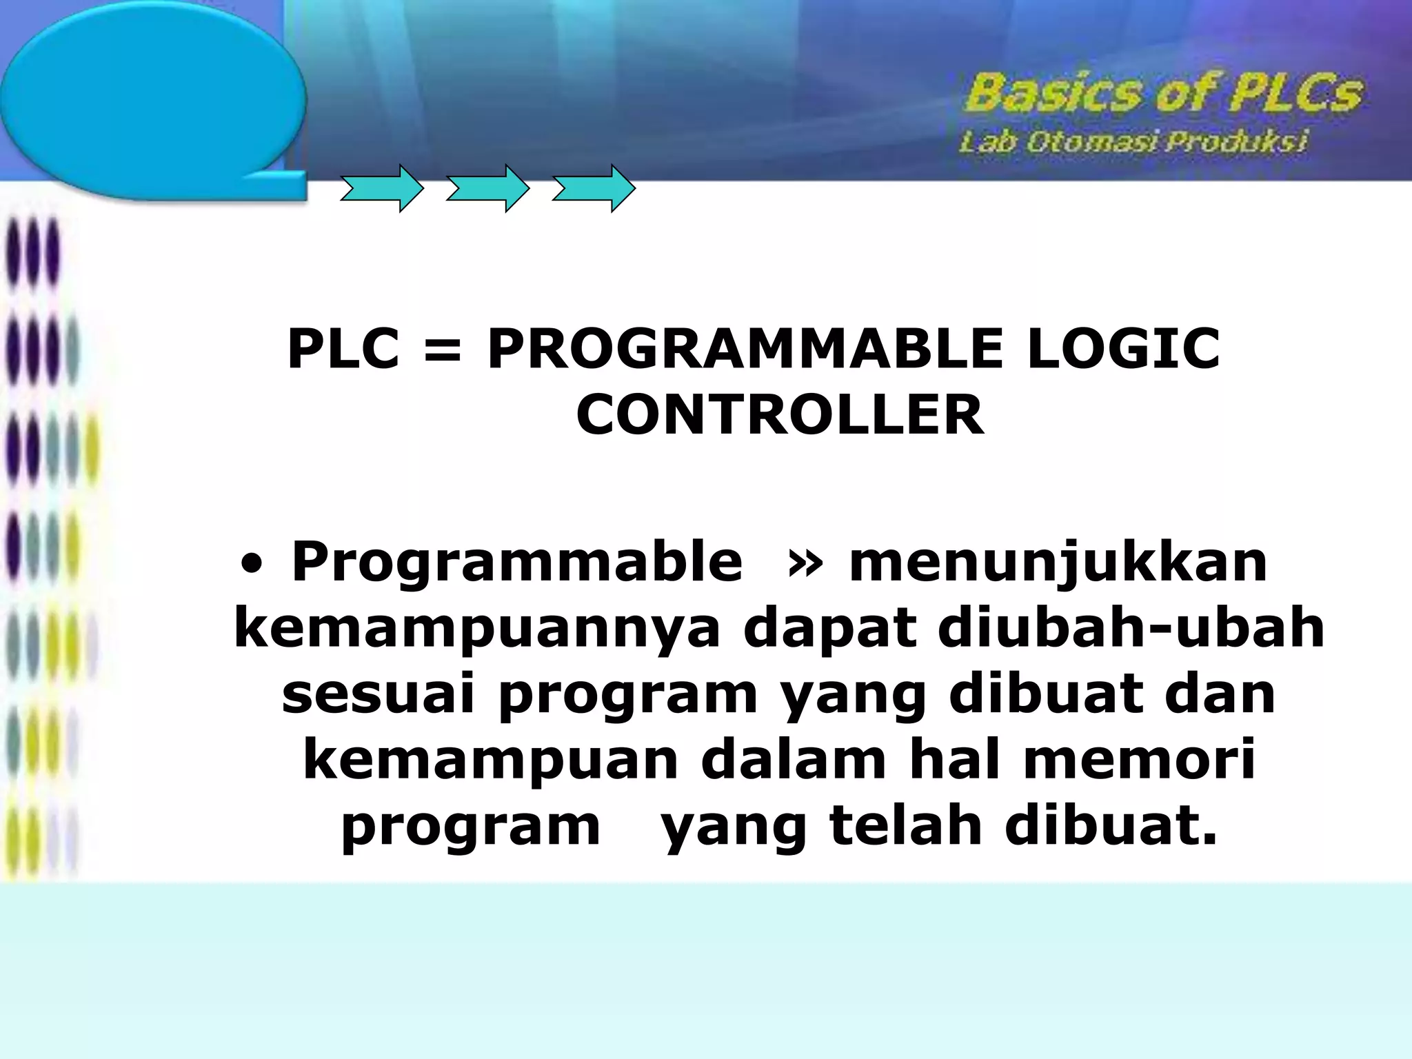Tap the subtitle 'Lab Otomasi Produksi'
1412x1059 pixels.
1132,143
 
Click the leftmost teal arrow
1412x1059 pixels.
381,188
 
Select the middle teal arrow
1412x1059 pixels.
487,188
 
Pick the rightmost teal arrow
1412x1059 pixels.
593,188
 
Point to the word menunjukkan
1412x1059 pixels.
1058,563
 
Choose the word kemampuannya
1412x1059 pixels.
477,629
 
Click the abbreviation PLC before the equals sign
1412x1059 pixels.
343,349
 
